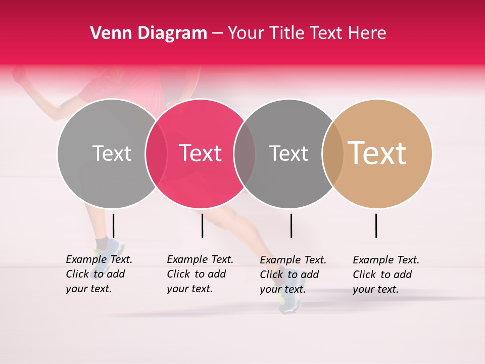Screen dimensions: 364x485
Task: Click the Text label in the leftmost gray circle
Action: pos(112,153)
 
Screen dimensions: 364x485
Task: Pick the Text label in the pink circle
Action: pos(201,153)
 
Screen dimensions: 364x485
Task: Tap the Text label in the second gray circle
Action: pos(288,153)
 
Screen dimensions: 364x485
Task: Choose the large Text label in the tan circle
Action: pos(377,153)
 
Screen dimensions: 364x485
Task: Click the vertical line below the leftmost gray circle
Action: pos(113,225)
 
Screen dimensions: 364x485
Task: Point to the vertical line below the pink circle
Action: pos(202,225)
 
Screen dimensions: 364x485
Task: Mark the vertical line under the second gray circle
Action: pos(291,225)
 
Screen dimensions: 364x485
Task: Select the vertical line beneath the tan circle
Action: pos(376,225)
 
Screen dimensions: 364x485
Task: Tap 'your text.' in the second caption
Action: pos(189,289)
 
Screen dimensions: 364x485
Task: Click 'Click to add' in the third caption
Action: pos(289,275)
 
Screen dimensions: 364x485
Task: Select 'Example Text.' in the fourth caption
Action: pos(386,260)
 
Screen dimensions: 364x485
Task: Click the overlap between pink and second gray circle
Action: pos(245,153)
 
